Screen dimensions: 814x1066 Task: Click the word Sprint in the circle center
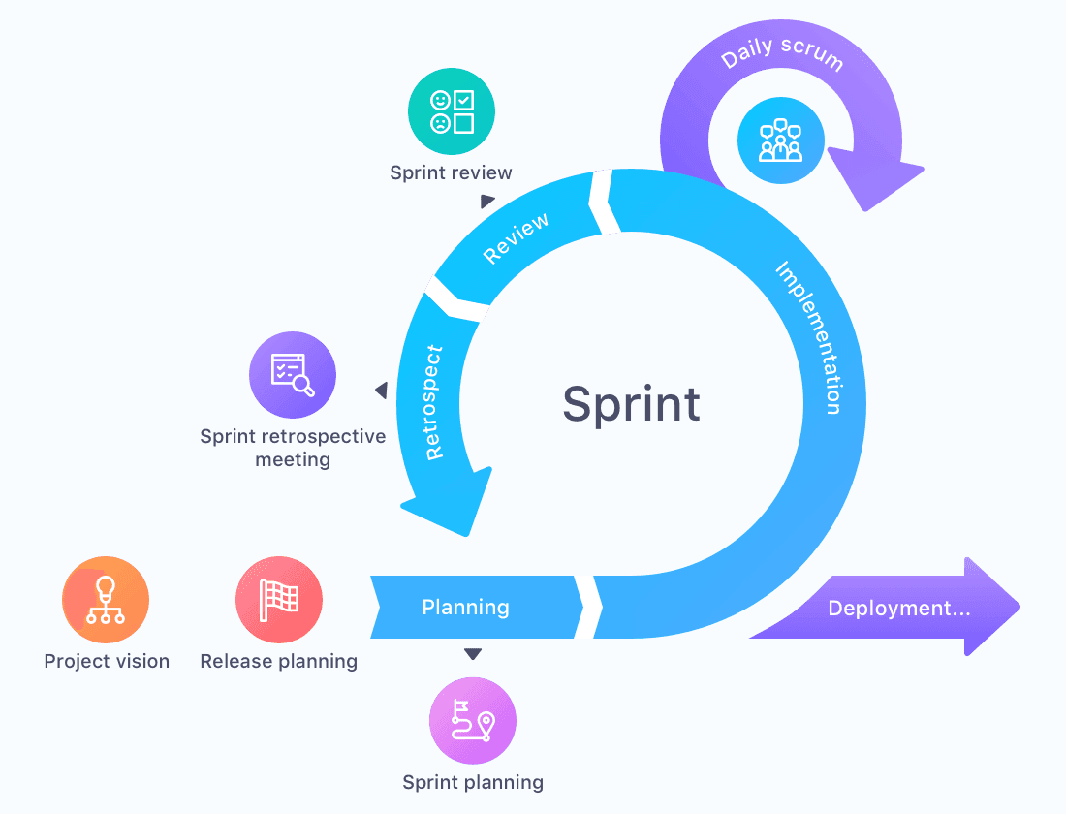pos(631,403)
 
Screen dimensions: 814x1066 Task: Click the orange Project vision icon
pos(106,601)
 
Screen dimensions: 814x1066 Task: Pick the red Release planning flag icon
pos(279,601)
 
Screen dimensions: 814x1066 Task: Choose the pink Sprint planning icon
pos(473,721)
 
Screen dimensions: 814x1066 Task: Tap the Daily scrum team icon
pos(780,141)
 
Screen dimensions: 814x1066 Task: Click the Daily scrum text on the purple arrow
pos(782,57)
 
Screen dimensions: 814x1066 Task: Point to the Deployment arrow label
pos(898,609)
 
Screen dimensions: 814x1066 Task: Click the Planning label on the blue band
pos(465,608)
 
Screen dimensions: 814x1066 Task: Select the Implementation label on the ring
pos(808,337)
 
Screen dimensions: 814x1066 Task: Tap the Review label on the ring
pos(516,237)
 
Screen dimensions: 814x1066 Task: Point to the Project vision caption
pos(107,661)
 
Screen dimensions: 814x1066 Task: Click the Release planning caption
pos(278,661)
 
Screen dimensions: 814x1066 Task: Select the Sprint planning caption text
pos(473,782)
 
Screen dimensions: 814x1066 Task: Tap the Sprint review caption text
pos(451,172)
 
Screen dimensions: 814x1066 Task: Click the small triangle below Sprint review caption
pos(486,202)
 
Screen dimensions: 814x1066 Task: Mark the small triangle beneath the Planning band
pos(472,654)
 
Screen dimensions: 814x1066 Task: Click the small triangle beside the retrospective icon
pos(382,391)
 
